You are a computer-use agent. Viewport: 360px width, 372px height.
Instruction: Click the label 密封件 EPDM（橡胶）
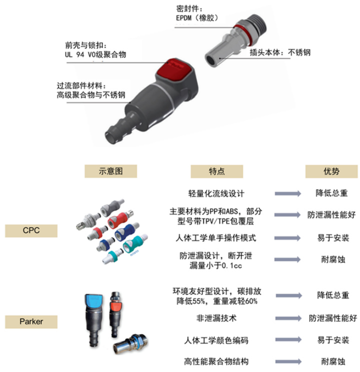pyautogui.click(x=197, y=13)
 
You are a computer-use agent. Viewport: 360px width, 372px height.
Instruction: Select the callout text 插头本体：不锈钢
pyautogui.click(x=280, y=52)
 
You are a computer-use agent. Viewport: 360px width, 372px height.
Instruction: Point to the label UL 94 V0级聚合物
pyautogui.click(x=95, y=54)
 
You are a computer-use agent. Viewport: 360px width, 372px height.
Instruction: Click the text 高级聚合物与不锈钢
pyautogui.click(x=91, y=95)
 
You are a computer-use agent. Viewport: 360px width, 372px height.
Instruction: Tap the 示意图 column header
pyautogui.click(x=111, y=171)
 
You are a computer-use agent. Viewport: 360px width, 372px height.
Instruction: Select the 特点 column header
pyautogui.click(x=217, y=171)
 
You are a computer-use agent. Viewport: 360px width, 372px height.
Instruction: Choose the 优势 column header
pyautogui.click(x=331, y=171)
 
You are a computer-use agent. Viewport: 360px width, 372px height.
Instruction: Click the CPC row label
pyautogui.click(x=31, y=230)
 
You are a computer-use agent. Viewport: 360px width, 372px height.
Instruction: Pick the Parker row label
pyautogui.click(x=31, y=321)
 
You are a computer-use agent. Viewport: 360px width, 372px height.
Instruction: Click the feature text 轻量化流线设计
pyautogui.click(x=216, y=193)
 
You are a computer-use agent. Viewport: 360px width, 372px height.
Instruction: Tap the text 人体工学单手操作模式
pyautogui.click(x=216, y=237)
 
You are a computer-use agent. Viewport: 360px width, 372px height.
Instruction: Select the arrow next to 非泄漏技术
pyautogui.click(x=288, y=318)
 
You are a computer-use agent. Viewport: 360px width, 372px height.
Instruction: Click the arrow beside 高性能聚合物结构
pyautogui.click(x=288, y=361)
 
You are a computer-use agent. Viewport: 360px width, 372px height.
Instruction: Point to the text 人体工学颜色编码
pyautogui.click(x=216, y=340)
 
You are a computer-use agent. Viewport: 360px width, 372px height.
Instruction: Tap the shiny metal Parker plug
pyautogui.click(x=130, y=343)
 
